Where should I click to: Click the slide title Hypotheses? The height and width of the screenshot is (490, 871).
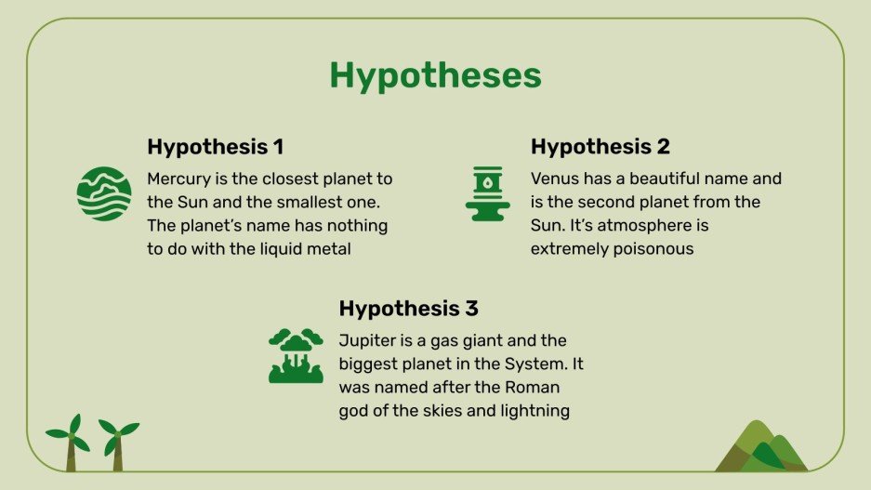[x=435, y=75]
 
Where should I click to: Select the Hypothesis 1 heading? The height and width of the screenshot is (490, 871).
[x=215, y=147]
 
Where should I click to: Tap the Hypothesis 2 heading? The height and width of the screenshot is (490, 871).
[x=600, y=147]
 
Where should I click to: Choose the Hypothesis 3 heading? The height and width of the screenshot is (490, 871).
[x=408, y=309]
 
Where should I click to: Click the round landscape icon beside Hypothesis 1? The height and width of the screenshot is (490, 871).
[x=104, y=193]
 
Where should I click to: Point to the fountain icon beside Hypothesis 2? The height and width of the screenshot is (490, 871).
[x=487, y=193]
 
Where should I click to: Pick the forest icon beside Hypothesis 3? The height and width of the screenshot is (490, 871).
[x=296, y=355]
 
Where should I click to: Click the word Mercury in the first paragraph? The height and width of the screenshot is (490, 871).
[x=180, y=179]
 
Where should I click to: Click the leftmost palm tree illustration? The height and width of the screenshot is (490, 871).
[x=70, y=443]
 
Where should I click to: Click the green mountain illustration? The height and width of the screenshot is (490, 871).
[x=760, y=447]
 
